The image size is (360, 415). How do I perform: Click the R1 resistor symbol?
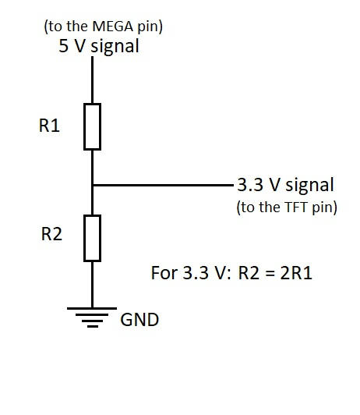point(92,127)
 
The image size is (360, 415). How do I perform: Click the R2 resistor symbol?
point(92,238)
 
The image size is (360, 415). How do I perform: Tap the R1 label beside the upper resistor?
point(49,126)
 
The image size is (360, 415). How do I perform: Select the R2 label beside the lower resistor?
point(51,234)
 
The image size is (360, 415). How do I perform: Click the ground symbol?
point(92,317)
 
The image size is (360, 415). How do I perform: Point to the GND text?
point(139,320)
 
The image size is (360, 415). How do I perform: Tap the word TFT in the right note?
point(296,207)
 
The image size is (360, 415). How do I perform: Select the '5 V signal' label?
point(99,46)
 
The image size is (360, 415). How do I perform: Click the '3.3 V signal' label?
point(285,185)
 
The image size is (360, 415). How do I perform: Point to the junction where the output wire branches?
point(92,185)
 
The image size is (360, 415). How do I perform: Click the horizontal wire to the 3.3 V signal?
point(163,185)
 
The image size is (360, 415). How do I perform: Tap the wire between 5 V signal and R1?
point(92,80)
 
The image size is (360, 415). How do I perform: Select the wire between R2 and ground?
point(92,285)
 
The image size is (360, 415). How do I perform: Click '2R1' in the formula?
point(296,273)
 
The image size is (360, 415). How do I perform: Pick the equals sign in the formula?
point(270,274)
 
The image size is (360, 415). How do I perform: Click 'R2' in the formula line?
point(249,273)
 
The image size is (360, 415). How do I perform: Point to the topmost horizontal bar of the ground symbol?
point(92,308)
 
